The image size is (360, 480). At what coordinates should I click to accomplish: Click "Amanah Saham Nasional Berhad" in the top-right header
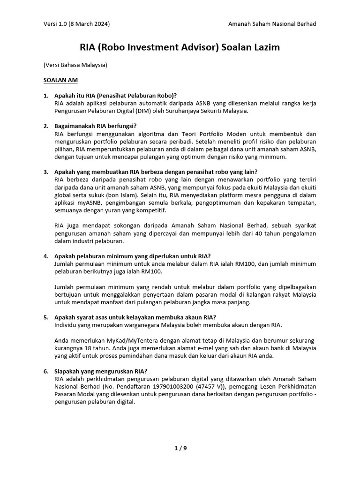tap(272, 24)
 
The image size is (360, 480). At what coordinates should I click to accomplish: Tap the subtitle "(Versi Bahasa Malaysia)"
tap(75, 65)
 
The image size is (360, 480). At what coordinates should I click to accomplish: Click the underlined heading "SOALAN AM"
tap(60, 80)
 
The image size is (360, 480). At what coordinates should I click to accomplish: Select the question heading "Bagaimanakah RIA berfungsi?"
tap(95, 126)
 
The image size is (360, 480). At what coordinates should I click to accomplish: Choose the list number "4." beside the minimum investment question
tap(46, 256)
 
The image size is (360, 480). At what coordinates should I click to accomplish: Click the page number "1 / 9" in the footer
tap(180, 448)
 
